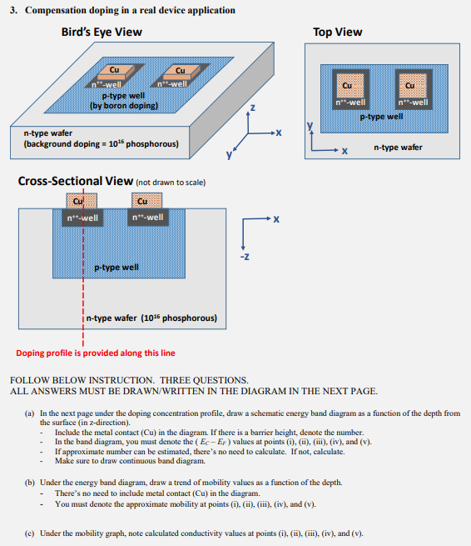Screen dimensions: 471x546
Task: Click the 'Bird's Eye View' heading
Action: pos(102,32)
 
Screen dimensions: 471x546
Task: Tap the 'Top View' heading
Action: pos(338,32)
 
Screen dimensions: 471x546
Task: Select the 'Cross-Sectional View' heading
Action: pos(76,181)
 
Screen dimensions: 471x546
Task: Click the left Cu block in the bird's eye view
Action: pos(116,72)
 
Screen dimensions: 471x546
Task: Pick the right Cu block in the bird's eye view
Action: pos(181,73)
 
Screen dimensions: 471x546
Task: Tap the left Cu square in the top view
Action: pos(350,86)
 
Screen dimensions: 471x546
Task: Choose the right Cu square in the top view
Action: pos(413,86)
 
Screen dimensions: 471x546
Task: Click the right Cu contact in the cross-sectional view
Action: pos(146,201)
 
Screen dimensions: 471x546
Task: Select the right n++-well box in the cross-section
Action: pos(148,218)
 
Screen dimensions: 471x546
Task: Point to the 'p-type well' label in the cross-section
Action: pos(117,268)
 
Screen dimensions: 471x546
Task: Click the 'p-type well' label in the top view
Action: pos(381,117)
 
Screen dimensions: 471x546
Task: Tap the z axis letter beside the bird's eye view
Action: pos(253,108)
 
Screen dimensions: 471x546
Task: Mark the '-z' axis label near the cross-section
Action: pos(245,257)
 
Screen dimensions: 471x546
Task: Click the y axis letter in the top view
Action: pos(310,125)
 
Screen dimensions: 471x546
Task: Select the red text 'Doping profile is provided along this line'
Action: pos(96,353)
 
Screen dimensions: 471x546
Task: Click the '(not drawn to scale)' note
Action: pos(171,183)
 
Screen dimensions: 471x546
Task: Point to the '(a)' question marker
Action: pos(29,413)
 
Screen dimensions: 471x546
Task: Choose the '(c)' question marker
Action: pos(29,533)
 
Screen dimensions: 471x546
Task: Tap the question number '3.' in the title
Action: pos(13,10)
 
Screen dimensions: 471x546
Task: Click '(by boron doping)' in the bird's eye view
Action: pos(124,106)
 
